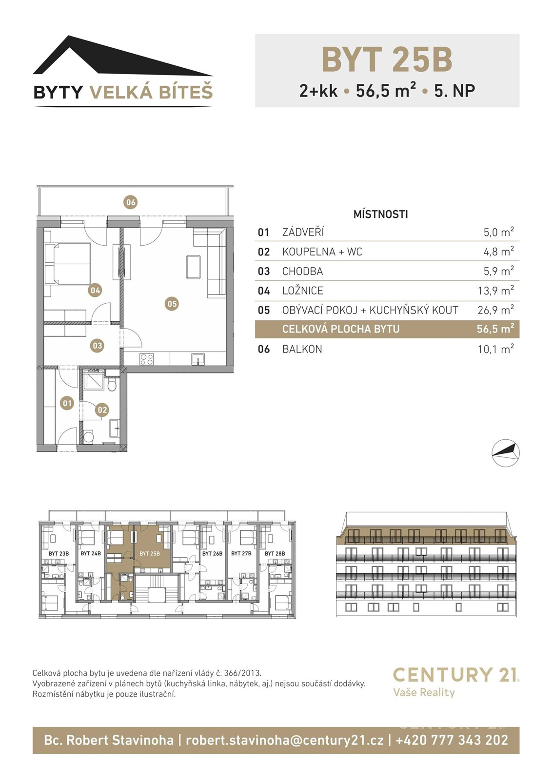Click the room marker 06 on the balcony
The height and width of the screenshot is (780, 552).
pos(131,202)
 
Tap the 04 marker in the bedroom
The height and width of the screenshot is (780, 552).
pos(95,290)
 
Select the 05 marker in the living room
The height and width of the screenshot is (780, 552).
pos(172,304)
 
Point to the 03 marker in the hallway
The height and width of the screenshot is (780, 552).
pos(97,346)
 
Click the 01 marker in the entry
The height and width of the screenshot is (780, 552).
pos(67,403)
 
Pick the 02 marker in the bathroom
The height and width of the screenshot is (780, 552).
pos(102,410)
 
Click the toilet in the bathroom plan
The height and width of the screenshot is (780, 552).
pos(112,386)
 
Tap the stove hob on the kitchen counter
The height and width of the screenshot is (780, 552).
pos(147,359)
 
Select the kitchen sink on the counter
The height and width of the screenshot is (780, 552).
pos(198,359)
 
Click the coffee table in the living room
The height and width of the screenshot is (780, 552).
pos(193,267)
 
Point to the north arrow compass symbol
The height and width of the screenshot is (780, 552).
pos(505,453)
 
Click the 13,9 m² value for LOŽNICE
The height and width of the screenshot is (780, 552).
pos(496,291)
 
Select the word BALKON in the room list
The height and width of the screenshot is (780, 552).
pos(302,349)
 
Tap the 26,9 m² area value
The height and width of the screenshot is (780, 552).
pos(496,310)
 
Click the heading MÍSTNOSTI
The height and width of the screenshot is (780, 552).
pos(381,214)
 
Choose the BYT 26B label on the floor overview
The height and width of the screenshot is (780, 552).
pos(212,553)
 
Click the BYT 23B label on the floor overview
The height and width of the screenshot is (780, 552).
pos(59,553)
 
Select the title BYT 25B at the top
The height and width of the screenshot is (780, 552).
pos(387,59)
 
